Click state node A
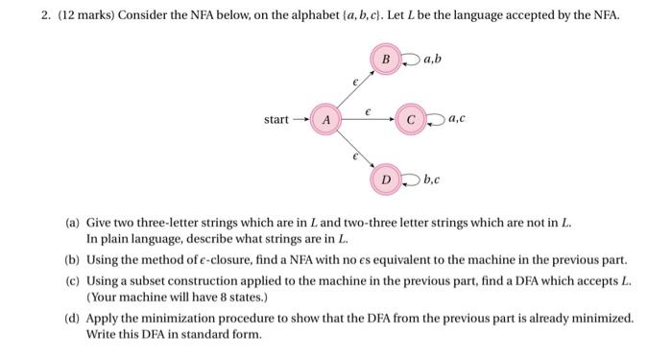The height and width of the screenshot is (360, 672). (327, 120)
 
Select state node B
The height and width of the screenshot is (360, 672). (386, 60)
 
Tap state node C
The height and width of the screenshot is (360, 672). (411, 120)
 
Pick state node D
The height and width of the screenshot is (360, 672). (386, 180)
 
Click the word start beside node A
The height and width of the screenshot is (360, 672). (277, 120)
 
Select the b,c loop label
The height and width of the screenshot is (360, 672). (432, 180)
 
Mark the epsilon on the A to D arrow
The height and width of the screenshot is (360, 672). (355, 156)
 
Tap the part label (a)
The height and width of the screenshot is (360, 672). (72, 222)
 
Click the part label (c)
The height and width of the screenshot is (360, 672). (72, 279)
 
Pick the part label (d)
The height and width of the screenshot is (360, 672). (72, 317)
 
